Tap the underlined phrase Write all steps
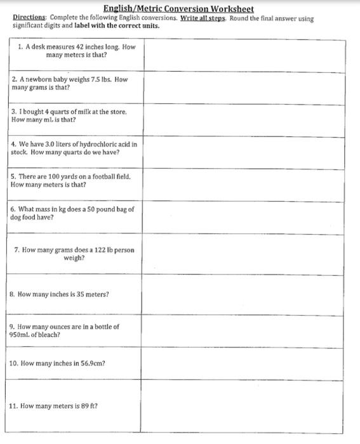pos(202,18)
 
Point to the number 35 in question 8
pos(76,294)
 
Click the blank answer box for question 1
pos(247,56)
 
